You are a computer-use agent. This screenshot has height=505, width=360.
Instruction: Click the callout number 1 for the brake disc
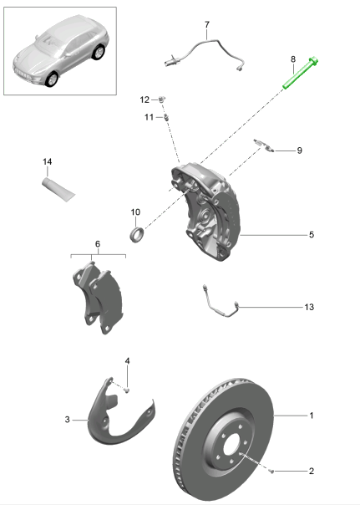(x=312, y=416)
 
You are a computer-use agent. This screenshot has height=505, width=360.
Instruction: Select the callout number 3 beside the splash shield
(x=67, y=420)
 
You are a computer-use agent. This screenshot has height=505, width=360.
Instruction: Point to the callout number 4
(x=128, y=362)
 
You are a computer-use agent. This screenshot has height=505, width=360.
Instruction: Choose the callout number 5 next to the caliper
(x=311, y=236)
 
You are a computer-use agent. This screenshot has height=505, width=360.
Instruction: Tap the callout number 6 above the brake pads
(x=97, y=244)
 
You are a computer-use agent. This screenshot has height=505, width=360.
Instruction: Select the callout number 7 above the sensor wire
(x=207, y=25)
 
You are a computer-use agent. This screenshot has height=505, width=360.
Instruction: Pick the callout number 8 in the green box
(x=292, y=59)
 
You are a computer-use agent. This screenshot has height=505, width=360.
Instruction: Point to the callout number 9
(x=299, y=150)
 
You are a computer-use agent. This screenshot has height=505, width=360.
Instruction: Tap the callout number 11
(x=148, y=117)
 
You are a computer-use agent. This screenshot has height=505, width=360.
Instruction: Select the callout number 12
(x=144, y=99)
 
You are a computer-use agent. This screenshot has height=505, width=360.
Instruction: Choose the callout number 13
(x=308, y=308)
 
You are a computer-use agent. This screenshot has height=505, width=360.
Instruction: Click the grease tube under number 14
(x=58, y=186)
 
